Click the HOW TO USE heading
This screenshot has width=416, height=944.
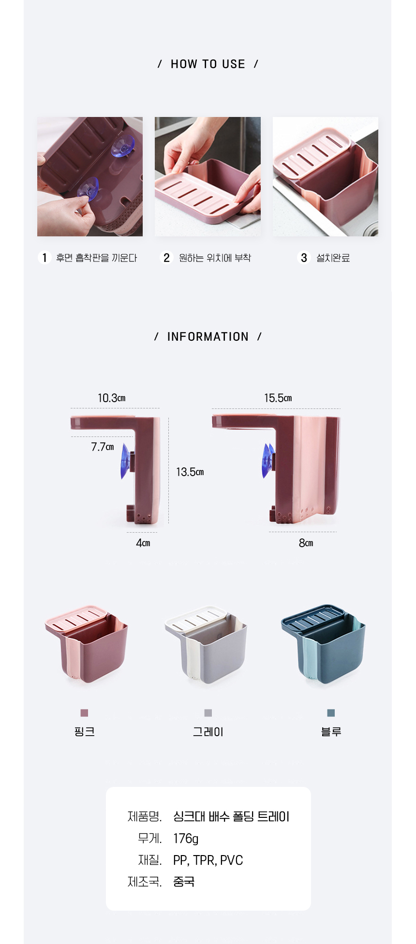(x=208, y=64)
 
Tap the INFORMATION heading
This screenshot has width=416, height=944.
(x=208, y=337)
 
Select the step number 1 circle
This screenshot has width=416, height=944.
(x=45, y=258)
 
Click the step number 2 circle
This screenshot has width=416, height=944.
(x=166, y=258)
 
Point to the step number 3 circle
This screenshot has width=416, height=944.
(x=304, y=258)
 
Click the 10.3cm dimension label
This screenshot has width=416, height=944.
(x=112, y=398)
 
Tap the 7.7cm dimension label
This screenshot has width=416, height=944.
(x=103, y=447)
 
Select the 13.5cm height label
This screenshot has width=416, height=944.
(x=190, y=472)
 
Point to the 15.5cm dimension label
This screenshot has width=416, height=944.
(x=278, y=398)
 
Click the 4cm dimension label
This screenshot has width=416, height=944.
(x=143, y=543)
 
